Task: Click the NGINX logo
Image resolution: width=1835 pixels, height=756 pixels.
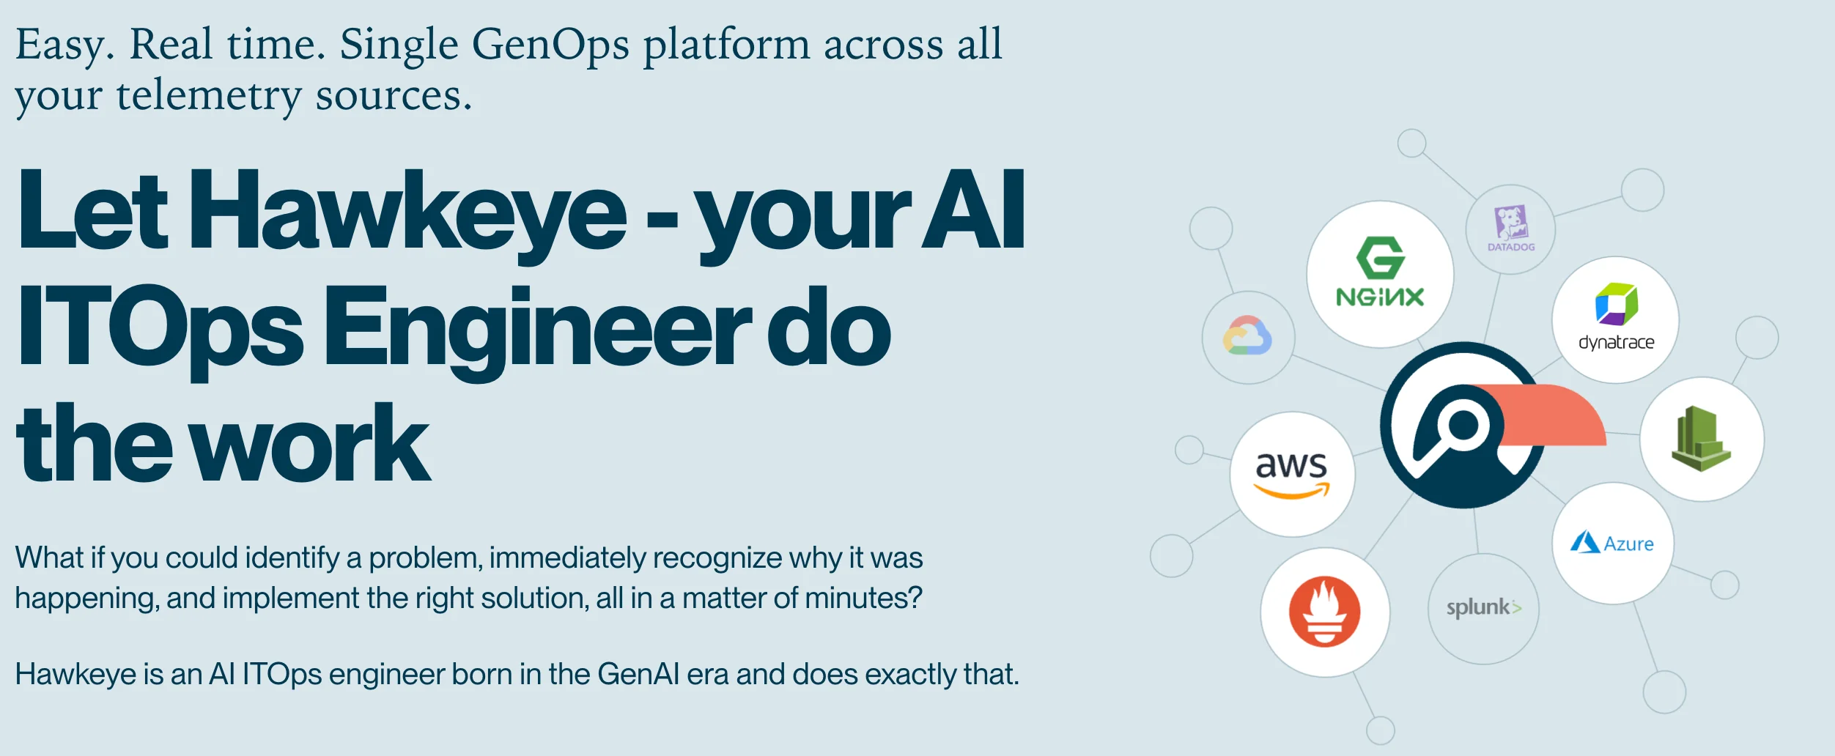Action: point(1380,273)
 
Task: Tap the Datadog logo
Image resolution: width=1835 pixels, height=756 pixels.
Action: point(1510,229)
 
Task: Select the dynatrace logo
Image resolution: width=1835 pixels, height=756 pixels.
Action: point(1616,318)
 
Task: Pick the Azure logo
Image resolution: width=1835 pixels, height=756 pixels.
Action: point(1612,543)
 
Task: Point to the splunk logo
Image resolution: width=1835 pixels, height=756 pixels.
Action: point(1483,607)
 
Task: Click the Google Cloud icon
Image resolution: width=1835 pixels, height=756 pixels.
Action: point(1247,336)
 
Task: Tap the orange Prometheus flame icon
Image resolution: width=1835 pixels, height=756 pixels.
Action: point(1324,611)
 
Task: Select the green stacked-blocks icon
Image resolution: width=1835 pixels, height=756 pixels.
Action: point(1701,438)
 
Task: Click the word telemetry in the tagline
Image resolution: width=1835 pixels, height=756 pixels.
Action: point(209,95)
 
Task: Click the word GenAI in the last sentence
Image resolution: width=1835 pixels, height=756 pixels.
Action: point(638,674)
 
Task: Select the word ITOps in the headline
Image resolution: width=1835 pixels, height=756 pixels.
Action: point(159,327)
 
